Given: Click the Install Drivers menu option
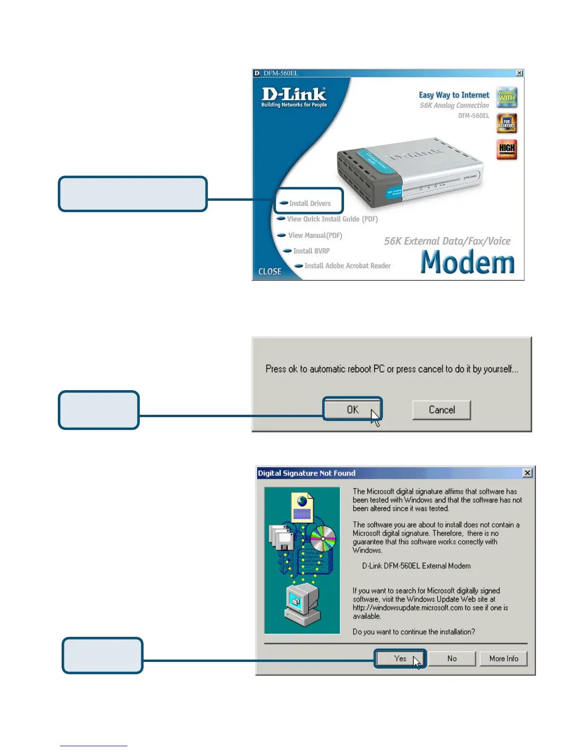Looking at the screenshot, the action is point(309,203).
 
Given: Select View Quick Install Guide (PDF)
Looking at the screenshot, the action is point(332,219).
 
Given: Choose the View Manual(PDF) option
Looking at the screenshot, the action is point(315,235).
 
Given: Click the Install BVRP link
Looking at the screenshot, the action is point(311,251).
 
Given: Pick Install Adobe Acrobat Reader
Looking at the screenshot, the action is point(347,266).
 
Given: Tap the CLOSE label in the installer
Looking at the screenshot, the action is point(270,272).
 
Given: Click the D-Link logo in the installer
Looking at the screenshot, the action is point(294,97).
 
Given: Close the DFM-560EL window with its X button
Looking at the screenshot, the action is point(519,73).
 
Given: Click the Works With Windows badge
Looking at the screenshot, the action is point(507,98).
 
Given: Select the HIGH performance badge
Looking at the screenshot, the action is point(507,150).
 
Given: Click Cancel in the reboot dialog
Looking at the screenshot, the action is point(442,410).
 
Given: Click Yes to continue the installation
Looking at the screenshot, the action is point(400,659).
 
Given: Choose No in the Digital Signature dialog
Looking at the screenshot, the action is point(452,659).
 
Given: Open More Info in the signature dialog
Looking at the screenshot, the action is point(503,659).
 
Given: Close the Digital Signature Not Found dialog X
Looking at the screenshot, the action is point(527,473).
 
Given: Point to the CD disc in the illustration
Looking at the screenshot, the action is point(323,539).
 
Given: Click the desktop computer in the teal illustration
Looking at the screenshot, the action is point(302,604).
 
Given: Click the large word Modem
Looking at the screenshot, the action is point(467,262).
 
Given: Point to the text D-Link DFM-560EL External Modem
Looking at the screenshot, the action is point(416,566).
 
